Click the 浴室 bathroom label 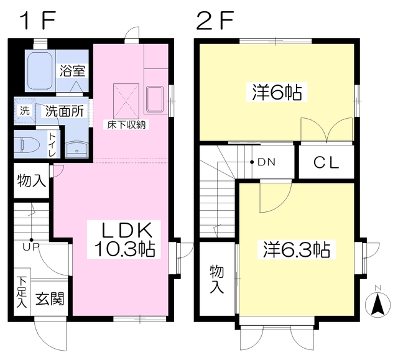(72, 71)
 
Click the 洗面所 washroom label (65, 111)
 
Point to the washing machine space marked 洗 (25, 111)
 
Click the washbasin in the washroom (76, 149)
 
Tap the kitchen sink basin (155, 99)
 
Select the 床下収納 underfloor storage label (126, 125)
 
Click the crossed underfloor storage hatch (126, 101)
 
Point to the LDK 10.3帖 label (124, 239)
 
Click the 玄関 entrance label (50, 298)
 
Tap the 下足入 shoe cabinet (22, 292)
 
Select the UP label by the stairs (30, 247)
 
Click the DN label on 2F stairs (266, 162)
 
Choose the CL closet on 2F (326, 162)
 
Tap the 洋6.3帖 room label (296, 249)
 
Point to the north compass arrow (378, 304)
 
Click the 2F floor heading (215, 21)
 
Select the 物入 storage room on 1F (31, 181)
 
